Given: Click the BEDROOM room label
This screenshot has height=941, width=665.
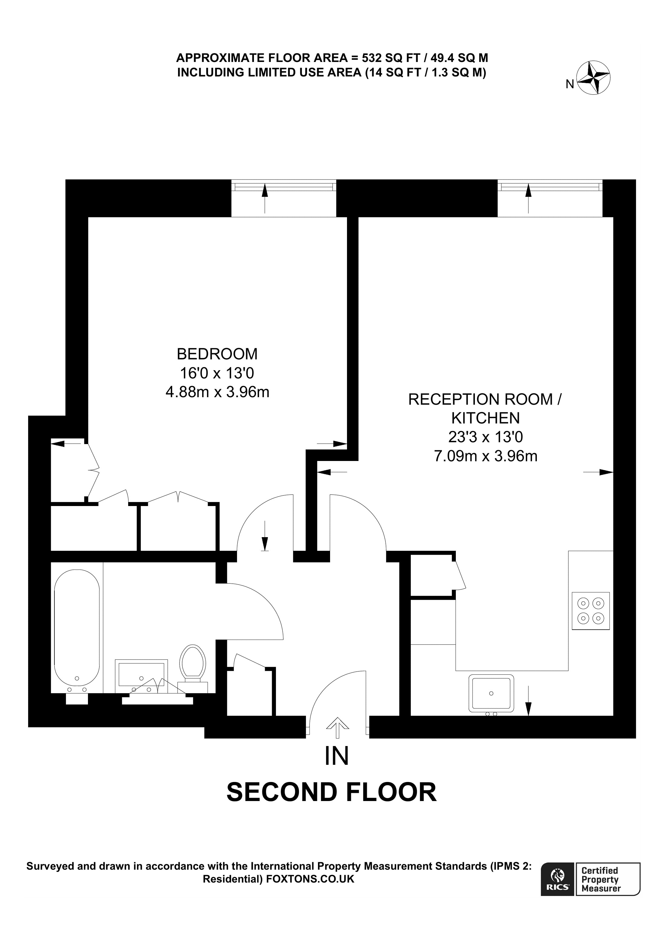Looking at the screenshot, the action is [x=217, y=353].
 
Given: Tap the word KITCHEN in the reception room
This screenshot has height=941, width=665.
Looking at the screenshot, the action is [x=485, y=418].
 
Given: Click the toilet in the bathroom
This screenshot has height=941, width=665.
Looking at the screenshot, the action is [x=193, y=668].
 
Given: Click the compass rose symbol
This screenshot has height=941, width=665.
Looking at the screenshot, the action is [x=593, y=77].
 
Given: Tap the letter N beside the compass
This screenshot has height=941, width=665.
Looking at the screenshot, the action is [x=569, y=84].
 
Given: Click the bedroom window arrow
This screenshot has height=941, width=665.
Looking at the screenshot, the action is [x=265, y=199].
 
